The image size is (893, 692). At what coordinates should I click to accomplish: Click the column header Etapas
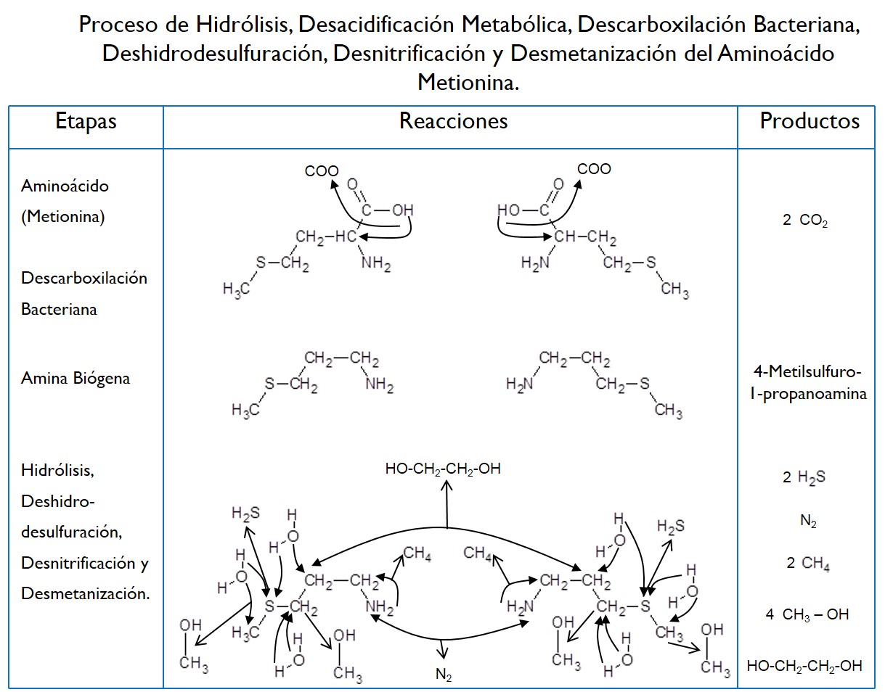tap(86, 121)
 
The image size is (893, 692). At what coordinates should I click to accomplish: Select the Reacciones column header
tap(453, 121)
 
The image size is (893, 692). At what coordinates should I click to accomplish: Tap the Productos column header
tap(810, 121)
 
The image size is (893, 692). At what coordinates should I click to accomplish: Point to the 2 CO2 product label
tap(805, 222)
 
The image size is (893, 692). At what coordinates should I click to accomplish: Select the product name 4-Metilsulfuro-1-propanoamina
tap(809, 384)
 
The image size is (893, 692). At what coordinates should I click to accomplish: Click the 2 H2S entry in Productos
tap(804, 477)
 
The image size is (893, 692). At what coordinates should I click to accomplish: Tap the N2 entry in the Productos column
tap(808, 521)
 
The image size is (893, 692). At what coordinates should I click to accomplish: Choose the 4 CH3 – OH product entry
tap(807, 614)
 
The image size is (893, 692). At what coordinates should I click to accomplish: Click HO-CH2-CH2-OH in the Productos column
tap(804, 665)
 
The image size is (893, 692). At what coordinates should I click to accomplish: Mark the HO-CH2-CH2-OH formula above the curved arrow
tap(443, 469)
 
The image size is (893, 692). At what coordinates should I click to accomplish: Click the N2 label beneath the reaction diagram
tap(444, 675)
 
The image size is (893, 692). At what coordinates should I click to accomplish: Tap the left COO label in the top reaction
tap(322, 171)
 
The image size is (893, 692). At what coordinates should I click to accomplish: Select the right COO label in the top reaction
tap(594, 169)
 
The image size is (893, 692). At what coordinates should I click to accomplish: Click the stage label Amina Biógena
tap(76, 378)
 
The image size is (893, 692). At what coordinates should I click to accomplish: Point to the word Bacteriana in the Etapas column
tap(60, 309)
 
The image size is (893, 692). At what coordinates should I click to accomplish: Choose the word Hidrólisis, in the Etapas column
tap(58, 470)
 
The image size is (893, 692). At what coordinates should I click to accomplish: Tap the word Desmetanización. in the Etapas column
tap(86, 593)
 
